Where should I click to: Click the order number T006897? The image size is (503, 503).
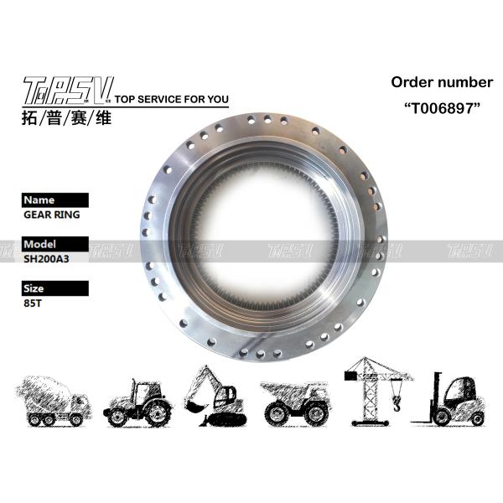442,108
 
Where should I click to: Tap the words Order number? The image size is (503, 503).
442,82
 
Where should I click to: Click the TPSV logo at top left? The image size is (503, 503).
68,91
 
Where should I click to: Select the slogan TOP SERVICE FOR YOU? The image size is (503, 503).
172,99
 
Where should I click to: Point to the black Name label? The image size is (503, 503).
55,200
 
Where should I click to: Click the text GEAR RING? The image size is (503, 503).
52,215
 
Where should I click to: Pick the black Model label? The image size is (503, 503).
55,244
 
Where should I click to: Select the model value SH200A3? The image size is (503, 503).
46,259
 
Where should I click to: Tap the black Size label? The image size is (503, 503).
55,288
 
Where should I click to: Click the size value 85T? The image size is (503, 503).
33,303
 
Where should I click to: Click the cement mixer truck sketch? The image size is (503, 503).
54,402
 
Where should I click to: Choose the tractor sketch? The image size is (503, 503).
138,403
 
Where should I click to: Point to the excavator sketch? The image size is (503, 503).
215,397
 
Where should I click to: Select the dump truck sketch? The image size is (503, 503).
294,403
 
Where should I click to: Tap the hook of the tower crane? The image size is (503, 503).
397,403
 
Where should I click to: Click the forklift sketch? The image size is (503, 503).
449,399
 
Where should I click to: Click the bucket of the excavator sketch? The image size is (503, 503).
194,407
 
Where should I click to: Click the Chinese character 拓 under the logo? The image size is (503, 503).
29,117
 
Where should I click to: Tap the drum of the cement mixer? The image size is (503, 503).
44,393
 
